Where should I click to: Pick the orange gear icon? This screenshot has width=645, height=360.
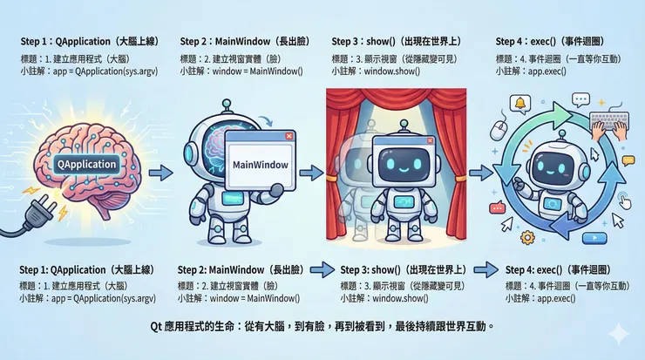point(526,236)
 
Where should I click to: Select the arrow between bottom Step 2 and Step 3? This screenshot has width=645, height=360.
point(320,268)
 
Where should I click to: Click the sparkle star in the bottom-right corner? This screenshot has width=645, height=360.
point(618,333)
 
